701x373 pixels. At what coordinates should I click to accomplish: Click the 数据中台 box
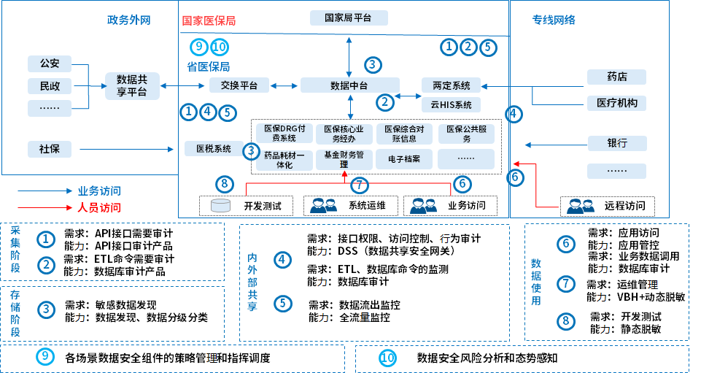pos(349,85)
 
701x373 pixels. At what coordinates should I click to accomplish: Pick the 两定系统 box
pos(451,85)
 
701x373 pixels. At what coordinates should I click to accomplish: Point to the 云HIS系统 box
pos(451,104)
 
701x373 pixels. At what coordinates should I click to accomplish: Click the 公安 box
pos(50,63)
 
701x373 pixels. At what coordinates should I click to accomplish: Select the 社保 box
pos(50,149)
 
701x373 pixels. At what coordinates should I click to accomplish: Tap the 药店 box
pos(616,77)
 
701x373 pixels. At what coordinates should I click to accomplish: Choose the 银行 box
pos(616,143)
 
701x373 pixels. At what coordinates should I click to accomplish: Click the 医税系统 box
pos(208,149)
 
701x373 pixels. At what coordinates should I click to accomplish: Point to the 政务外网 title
pos(128,20)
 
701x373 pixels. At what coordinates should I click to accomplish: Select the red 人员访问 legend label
pos(99,207)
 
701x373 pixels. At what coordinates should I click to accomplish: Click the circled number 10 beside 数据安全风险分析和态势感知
pos(387,358)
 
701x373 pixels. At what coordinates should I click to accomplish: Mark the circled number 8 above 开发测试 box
pos(225,184)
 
